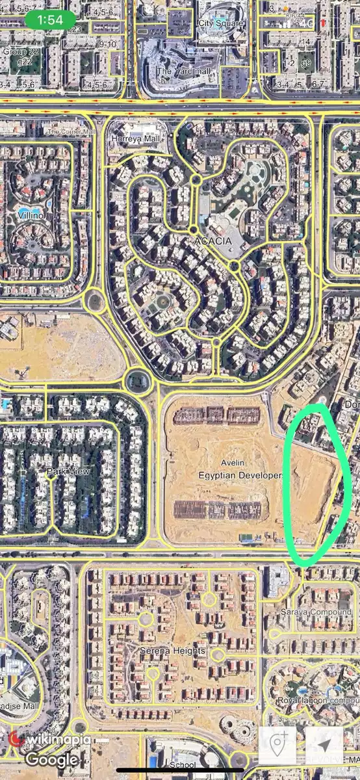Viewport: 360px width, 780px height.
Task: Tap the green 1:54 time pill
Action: (50, 20)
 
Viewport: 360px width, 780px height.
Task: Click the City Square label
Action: (220, 23)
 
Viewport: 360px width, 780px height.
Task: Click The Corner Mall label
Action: (70, 131)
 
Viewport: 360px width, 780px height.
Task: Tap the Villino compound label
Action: (31, 214)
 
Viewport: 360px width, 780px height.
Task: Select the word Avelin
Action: (233, 462)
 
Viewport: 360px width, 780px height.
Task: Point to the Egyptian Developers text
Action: (240, 475)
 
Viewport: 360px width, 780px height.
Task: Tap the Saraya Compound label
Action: (316, 612)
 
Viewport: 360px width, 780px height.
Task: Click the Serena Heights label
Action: (173, 650)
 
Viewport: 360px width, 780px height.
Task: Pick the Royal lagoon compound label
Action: (317, 701)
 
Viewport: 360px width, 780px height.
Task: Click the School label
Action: (183, 765)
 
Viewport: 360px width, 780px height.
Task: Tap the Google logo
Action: (51, 759)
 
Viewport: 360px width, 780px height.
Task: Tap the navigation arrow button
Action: (324, 745)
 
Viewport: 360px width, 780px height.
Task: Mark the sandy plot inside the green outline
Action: (315, 487)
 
